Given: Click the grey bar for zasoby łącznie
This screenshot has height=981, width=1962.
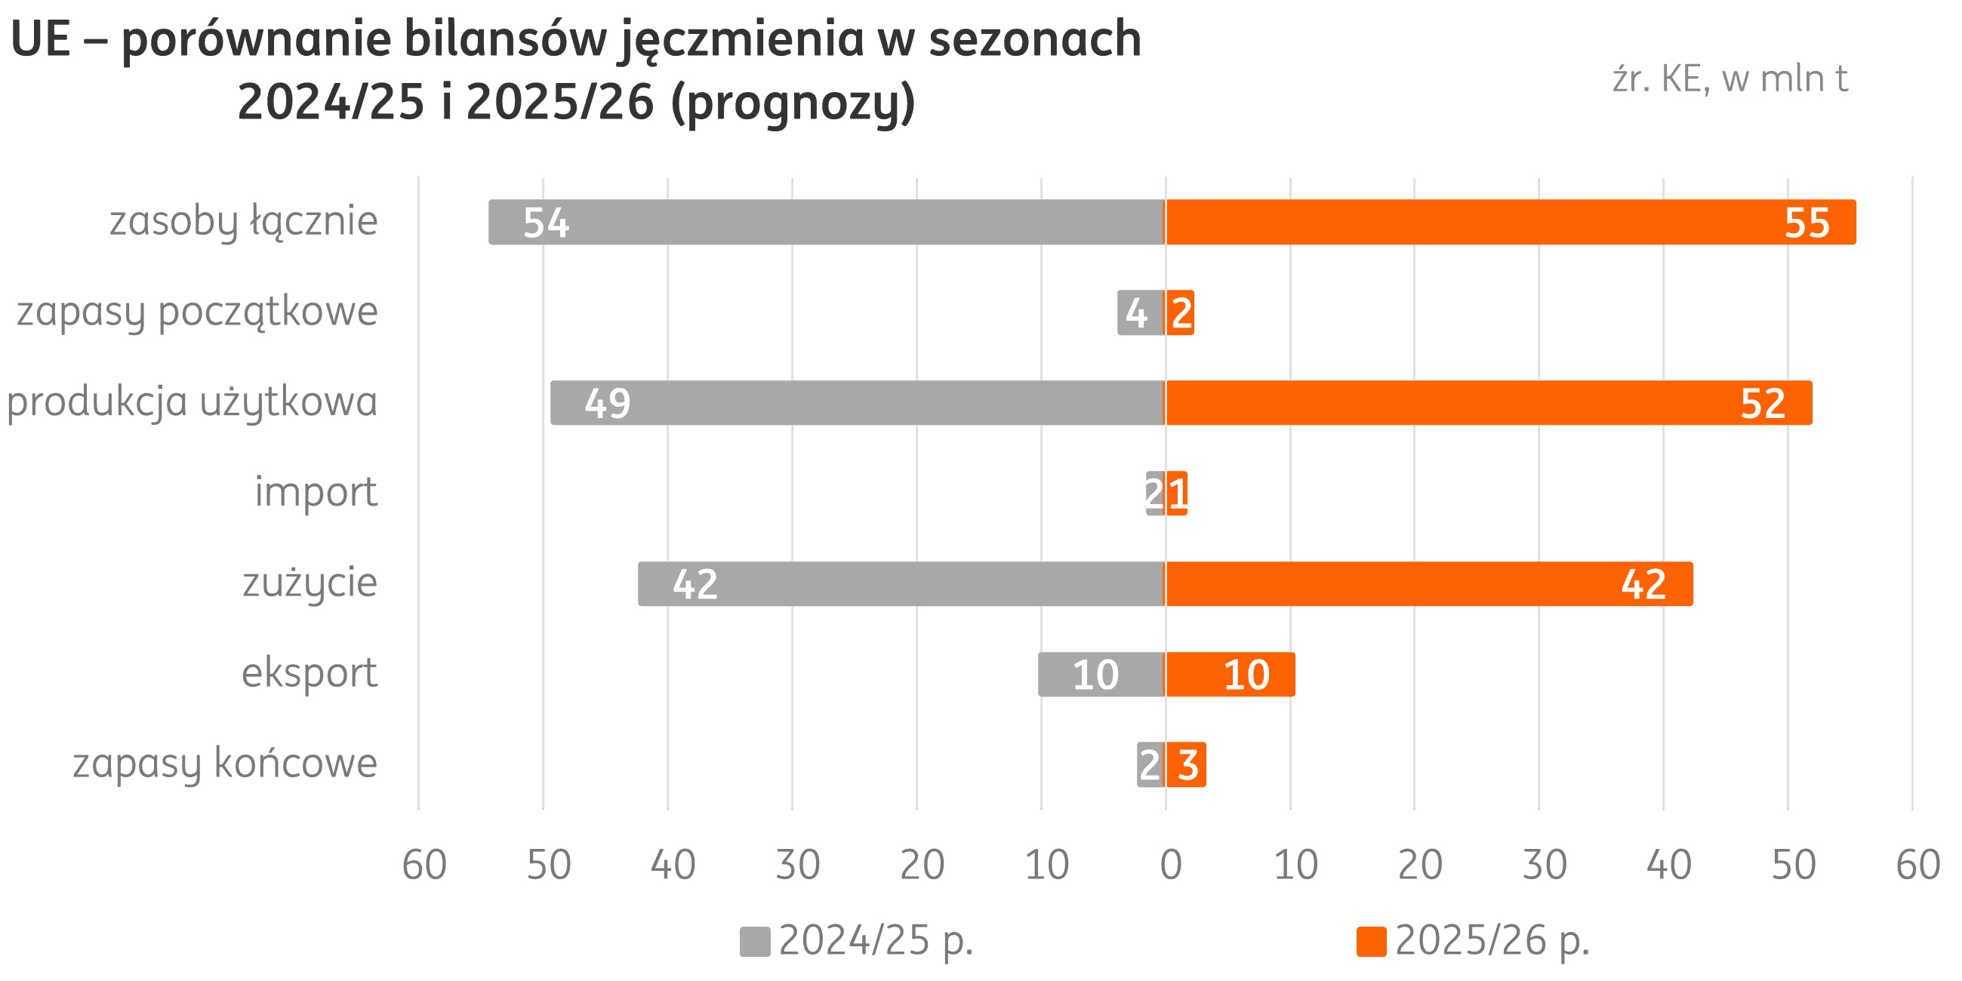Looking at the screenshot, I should pos(827,222).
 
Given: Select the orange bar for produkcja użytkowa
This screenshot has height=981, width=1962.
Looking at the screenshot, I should pos(1488,403).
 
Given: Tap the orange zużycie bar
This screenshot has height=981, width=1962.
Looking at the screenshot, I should pos(1428,584).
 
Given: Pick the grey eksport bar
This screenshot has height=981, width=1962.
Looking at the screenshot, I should pos(1101,674).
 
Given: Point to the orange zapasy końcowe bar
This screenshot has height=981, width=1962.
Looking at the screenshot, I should pos(1185,764).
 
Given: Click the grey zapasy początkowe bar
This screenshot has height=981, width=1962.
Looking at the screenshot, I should pos(1140,312).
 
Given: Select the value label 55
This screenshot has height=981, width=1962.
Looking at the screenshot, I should pos(1806,223).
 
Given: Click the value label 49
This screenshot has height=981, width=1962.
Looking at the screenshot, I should pos(607,403).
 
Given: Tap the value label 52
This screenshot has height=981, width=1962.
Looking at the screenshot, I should pos(1763,403).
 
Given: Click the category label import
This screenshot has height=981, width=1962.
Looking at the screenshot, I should pos(316,492).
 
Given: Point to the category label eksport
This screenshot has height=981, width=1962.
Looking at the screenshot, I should pos(310,673).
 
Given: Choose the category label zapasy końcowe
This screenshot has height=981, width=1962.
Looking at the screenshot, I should pos(225,764).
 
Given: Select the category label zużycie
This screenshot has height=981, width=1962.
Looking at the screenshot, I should pos(310,583).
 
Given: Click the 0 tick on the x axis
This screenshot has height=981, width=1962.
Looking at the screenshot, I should pos(1171,865).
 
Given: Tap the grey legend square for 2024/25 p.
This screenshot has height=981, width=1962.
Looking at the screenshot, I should pos(755,942).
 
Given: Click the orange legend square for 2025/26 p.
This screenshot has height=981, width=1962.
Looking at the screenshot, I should pos(1371,942).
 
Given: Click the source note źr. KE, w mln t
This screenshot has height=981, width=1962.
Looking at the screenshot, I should pos(1729,79).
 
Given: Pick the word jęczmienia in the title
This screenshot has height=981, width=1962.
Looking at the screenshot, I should pos(742,39).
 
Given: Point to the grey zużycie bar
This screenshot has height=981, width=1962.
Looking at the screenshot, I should pos(901,584).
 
